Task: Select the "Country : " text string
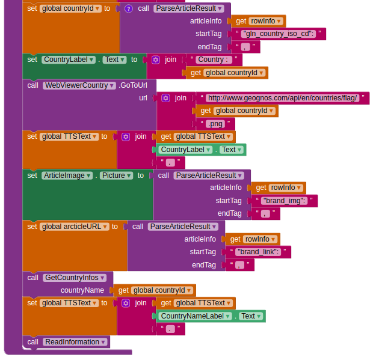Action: tap(213, 59)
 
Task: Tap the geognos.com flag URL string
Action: tap(283, 98)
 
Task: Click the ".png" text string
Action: tap(215, 124)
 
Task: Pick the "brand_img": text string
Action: tap(284, 201)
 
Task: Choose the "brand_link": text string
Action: tap(259, 252)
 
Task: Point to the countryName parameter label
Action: tap(82, 290)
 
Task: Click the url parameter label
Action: tap(143, 98)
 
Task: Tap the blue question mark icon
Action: tap(128, 8)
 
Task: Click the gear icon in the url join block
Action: tap(165, 98)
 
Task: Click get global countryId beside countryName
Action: tap(155, 290)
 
